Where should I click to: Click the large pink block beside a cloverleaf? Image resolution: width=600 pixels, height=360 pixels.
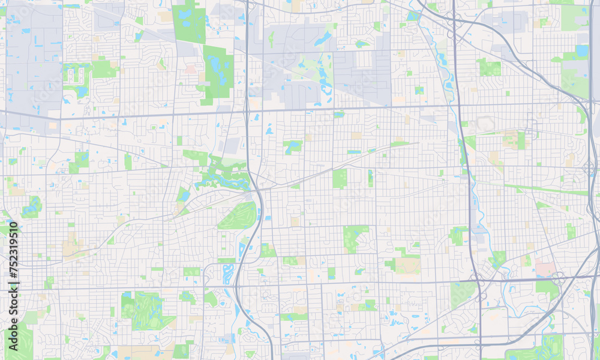click(x=545, y=268)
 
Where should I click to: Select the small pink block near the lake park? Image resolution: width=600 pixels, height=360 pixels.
click(x=191, y=69)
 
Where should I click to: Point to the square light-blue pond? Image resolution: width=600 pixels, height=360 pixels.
click(x=581, y=50)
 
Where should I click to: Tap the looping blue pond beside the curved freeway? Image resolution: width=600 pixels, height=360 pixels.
click(x=228, y=274)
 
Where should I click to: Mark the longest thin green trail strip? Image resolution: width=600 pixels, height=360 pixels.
click(x=540, y=190)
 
